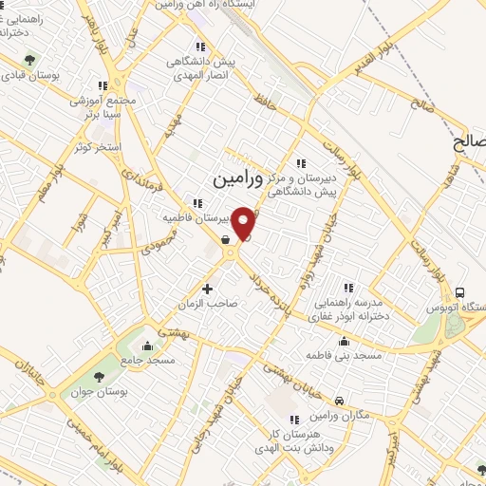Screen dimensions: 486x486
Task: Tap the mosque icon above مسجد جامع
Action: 147,345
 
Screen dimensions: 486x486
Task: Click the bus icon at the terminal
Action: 460,292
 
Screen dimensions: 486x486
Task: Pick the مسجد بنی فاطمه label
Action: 344,354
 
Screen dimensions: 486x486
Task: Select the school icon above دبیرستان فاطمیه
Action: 197,202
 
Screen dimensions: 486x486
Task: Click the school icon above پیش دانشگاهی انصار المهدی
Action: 198,46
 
